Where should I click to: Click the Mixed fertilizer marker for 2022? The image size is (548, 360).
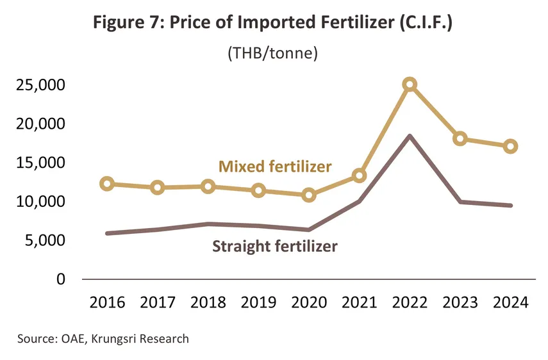[x=410, y=84]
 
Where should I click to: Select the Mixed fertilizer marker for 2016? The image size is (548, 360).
[x=107, y=184]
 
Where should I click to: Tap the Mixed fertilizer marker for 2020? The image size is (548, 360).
[x=309, y=195]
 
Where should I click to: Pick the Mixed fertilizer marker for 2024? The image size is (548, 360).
[x=511, y=146]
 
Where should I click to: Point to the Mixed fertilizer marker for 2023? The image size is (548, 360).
[x=460, y=138]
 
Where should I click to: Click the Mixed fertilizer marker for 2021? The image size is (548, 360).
[x=360, y=176]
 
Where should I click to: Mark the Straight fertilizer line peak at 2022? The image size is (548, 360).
[x=410, y=136]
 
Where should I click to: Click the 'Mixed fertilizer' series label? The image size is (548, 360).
[x=275, y=167]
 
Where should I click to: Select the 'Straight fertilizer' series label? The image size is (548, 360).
[x=274, y=246]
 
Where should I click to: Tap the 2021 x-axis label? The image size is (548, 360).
[x=360, y=302]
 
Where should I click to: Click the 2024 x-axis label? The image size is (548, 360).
[x=511, y=302]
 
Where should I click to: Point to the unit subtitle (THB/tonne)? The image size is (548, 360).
[x=273, y=54]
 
